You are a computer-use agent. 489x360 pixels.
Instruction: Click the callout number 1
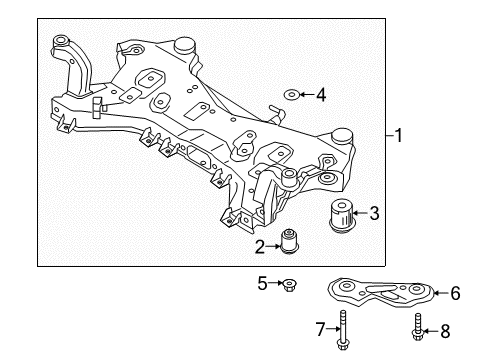[398, 136]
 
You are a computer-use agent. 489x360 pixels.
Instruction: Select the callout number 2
[260, 247]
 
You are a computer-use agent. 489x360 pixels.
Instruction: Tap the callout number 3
[374, 213]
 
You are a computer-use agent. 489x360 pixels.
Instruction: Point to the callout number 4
[321, 95]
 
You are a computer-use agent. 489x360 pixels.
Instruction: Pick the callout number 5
[262, 283]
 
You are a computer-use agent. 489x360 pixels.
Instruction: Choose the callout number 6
[455, 293]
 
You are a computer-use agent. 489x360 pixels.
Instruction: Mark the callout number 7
[320, 329]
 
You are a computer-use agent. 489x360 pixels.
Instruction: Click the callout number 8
[445, 331]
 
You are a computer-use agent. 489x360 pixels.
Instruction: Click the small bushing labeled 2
[290, 241]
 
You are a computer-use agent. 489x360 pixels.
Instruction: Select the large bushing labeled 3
[341, 215]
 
